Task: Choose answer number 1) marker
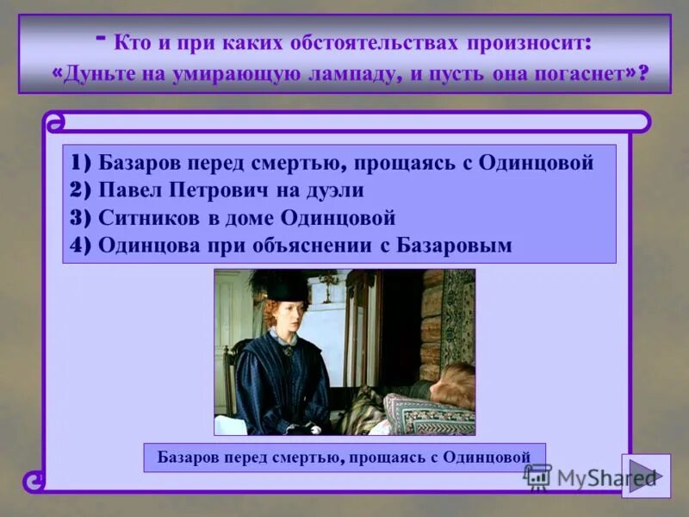point(83,163)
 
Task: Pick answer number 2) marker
point(83,190)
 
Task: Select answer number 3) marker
point(83,217)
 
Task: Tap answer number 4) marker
point(83,245)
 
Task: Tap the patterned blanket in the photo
point(426,414)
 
